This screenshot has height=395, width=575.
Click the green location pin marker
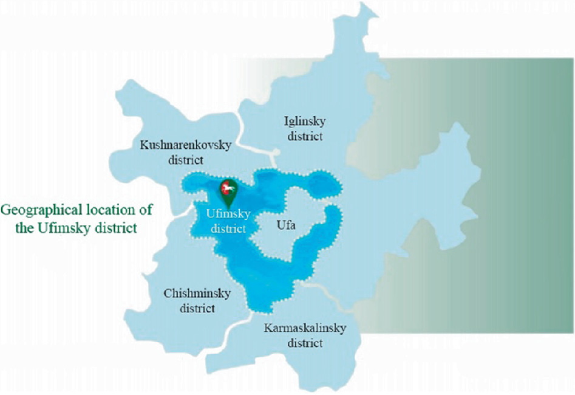227,190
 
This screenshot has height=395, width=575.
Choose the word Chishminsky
197,294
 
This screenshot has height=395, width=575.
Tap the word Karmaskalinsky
305,328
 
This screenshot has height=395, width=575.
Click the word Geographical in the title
36,210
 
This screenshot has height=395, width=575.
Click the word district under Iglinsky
305,136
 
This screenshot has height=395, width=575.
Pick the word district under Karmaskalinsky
304,343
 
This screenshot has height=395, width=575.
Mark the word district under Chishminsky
197,308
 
